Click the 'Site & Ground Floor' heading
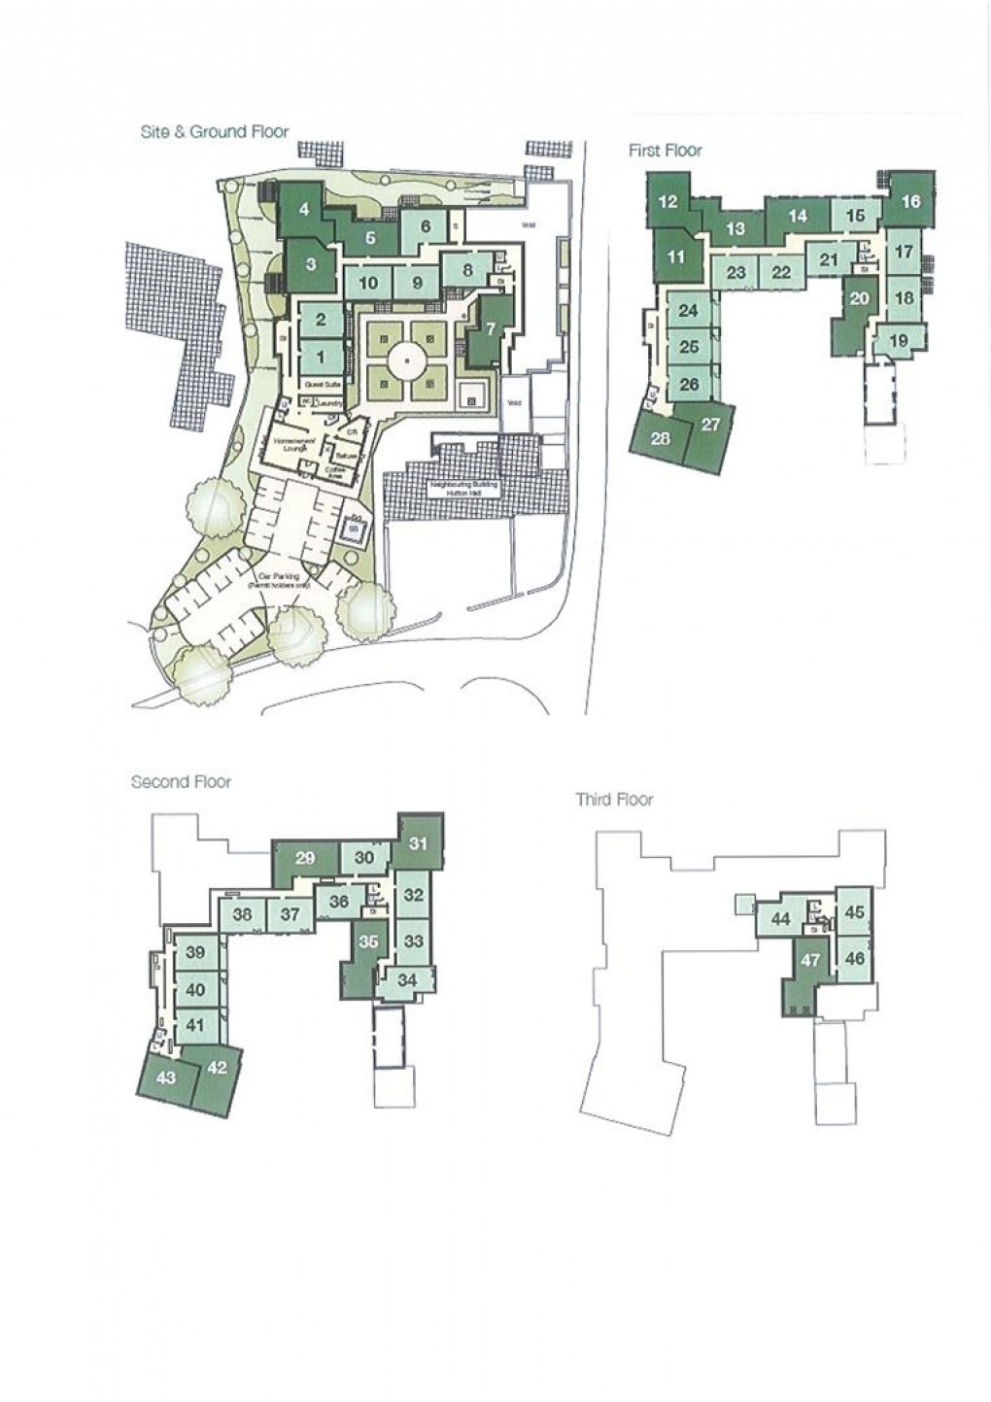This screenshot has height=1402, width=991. point(215,131)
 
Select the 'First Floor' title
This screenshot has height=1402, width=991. point(665,151)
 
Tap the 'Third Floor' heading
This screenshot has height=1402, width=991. point(614,800)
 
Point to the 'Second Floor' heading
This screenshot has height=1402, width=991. point(182,781)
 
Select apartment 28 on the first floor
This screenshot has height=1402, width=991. point(661,438)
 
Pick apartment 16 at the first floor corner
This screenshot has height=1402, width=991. point(910,202)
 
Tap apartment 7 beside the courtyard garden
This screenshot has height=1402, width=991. point(491,328)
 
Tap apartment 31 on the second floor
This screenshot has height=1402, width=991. point(418,843)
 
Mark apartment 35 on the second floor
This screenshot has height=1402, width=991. point(367,940)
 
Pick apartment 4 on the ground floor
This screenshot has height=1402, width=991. point(304,208)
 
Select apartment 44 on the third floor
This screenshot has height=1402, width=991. point(780,919)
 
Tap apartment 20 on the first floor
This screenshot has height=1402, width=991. point(859,298)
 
